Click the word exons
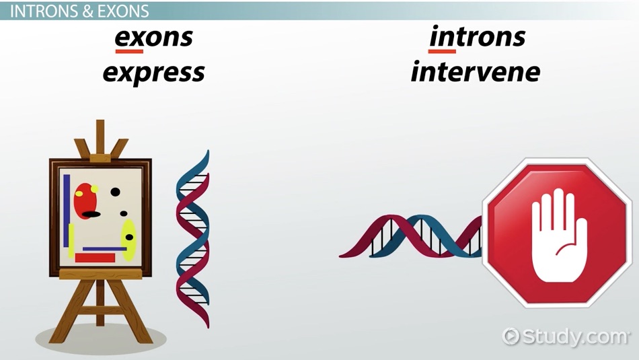(x=153, y=38)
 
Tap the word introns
(x=477, y=38)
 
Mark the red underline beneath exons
(x=128, y=50)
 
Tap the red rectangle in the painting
(x=95, y=257)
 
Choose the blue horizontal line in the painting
(x=104, y=249)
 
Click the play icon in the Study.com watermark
(x=513, y=334)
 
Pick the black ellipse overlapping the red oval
(x=91, y=215)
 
